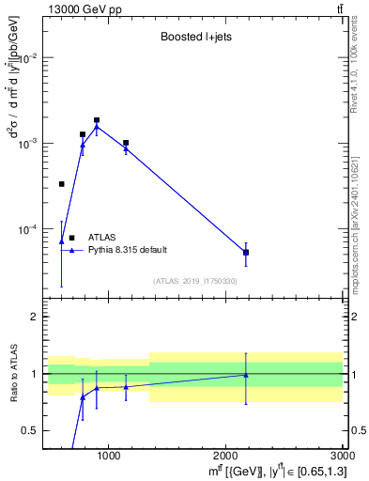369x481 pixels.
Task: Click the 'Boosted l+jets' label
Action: pos(190,38)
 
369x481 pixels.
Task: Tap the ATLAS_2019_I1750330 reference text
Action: pos(195,281)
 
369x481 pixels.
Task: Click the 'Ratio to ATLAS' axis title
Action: pos(14,373)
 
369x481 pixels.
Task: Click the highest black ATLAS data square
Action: pos(97,120)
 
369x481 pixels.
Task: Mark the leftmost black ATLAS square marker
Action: pos(62,184)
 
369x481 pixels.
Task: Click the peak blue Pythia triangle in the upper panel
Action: pos(97,127)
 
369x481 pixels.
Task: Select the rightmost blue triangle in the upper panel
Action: pos(246,252)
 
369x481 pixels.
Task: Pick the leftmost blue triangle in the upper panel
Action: pos(62,241)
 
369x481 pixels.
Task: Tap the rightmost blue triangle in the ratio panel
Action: pos(246,375)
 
